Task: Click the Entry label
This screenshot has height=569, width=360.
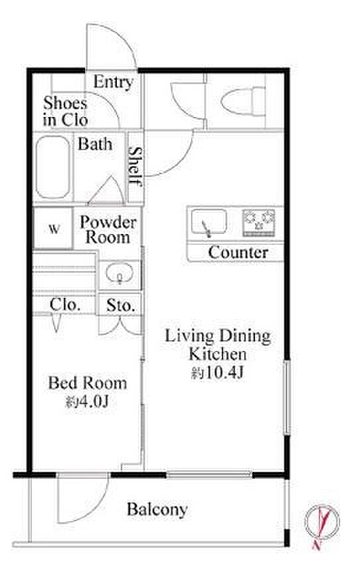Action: coord(114,82)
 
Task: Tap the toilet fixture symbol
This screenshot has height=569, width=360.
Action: coord(243,101)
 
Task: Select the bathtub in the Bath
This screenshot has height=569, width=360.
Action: coord(53,168)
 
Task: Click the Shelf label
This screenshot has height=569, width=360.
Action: coord(135,166)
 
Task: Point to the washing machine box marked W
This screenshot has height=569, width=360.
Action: coord(53,228)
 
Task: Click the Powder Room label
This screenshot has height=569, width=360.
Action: coord(108,230)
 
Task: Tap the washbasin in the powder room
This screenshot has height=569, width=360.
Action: coord(120,273)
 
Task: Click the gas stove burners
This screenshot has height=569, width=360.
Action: coord(259,222)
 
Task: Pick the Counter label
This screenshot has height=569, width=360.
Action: coord(238,253)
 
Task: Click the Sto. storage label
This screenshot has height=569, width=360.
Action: coord(121,306)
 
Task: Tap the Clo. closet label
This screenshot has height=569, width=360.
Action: coord(65,305)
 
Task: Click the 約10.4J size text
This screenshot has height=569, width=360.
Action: coord(217,373)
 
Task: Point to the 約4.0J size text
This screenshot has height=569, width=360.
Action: coord(87,401)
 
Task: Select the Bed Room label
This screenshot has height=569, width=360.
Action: coord(88,383)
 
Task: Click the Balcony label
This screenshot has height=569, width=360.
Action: coord(157,510)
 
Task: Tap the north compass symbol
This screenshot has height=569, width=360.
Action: coord(321,522)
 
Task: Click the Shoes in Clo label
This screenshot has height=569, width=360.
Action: coord(65,112)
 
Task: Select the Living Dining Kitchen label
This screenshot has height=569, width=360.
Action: coord(217,345)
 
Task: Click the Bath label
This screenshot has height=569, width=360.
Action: coord(95,144)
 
